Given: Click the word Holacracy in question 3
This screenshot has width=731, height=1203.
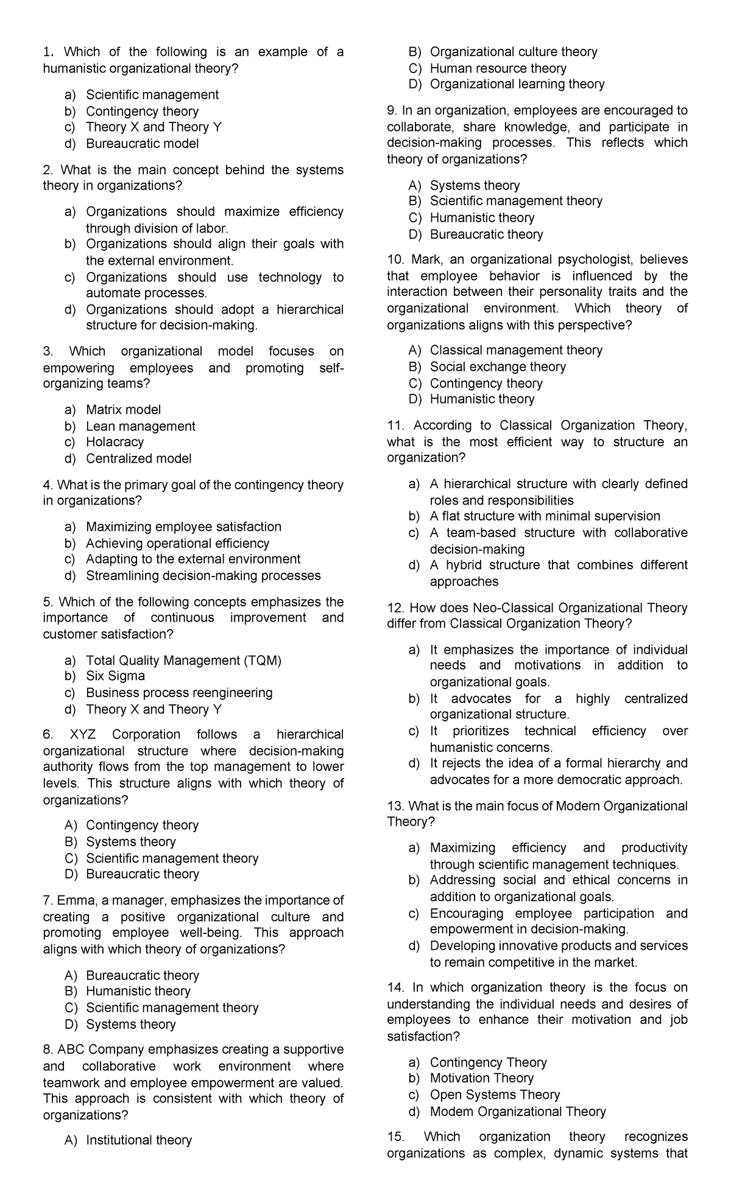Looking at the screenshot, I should pyautogui.click(x=115, y=442).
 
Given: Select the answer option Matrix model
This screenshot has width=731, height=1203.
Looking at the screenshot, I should pyautogui.click(x=123, y=410).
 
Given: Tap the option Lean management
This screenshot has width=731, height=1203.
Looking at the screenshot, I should pyautogui.click(x=140, y=426).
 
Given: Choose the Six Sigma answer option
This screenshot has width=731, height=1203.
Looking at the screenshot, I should pyautogui.click(x=115, y=676).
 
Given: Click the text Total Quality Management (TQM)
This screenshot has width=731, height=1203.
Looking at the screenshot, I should pyautogui.click(x=183, y=661).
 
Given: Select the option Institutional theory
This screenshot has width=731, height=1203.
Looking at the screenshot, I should pyautogui.click(x=138, y=1140).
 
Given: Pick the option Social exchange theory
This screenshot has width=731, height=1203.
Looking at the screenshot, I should pyautogui.click(x=497, y=367).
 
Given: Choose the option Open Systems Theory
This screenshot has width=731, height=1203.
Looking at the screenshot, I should pyautogui.click(x=495, y=1095).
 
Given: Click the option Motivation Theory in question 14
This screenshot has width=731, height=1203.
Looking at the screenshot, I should pyautogui.click(x=481, y=1078).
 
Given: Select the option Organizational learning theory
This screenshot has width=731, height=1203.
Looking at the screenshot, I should pyautogui.click(x=517, y=84).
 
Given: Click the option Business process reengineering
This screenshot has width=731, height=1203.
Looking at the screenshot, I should pyautogui.click(x=179, y=693).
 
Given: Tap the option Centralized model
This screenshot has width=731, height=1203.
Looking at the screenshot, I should pyautogui.click(x=138, y=458).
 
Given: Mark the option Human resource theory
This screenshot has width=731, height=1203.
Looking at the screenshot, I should pyautogui.click(x=498, y=68).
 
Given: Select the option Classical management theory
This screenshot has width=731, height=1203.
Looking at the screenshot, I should pyautogui.click(x=515, y=350).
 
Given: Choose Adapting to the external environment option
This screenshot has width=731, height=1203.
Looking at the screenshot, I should pyautogui.click(x=192, y=559).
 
